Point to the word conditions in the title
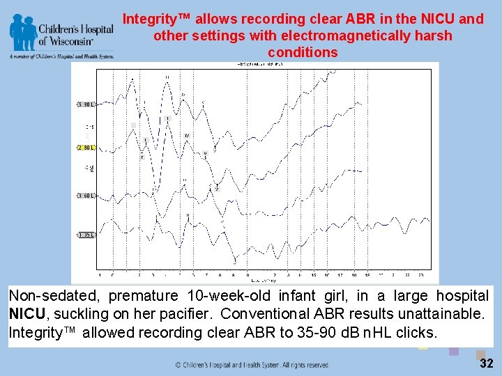coord(303,52)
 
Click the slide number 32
coord(486,364)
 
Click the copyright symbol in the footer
coord(178,365)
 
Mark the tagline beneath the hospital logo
coord(61,56)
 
